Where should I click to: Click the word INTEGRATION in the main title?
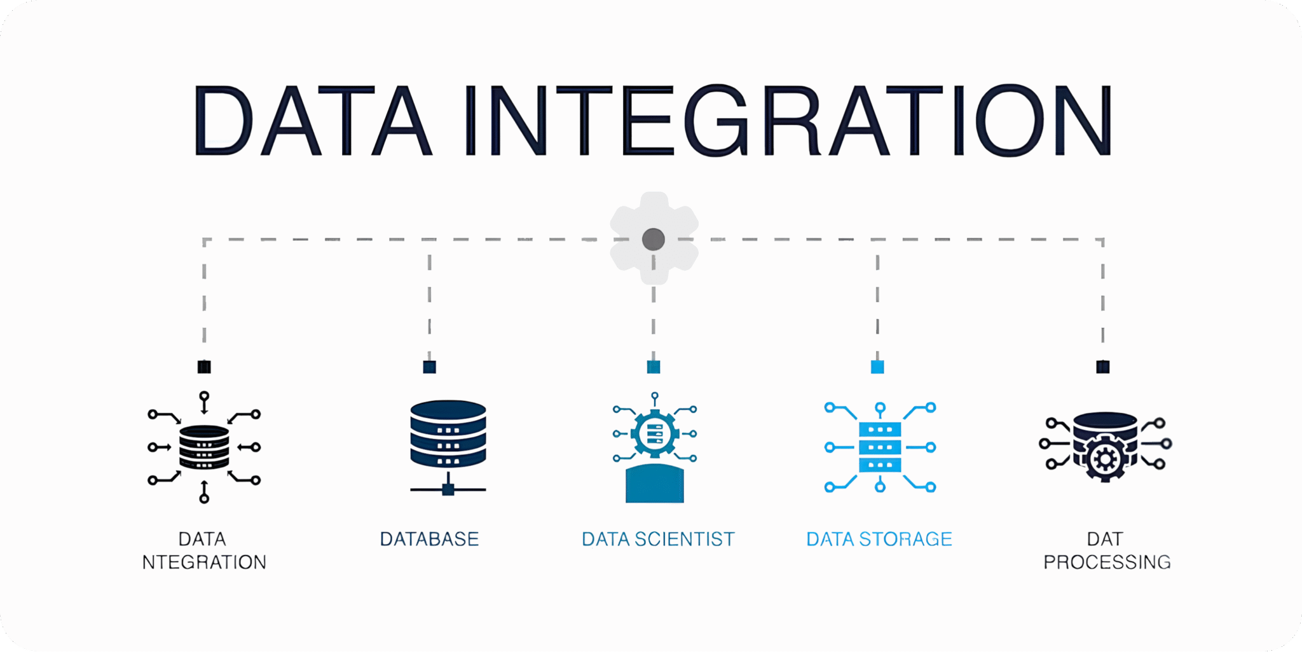pos(788,120)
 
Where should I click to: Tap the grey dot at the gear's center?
pos(653,240)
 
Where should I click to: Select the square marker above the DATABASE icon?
pos(429,367)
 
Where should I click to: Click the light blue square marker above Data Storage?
pos(877,367)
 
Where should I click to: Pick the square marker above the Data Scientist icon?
pos(653,367)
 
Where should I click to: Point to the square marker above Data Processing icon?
pos(1102,367)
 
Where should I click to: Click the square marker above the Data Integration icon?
pos(204,367)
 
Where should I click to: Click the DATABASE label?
pos(429,539)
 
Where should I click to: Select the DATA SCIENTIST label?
pos(658,539)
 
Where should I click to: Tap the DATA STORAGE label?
pos(879,539)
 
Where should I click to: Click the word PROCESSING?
pos(1107,562)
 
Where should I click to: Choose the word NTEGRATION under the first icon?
pos(204,562)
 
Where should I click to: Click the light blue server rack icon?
pos(880,447)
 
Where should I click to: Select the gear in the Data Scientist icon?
pos(655,434)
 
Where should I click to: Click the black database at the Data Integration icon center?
pos(204,447)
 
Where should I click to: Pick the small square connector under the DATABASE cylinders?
pos(448,489)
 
